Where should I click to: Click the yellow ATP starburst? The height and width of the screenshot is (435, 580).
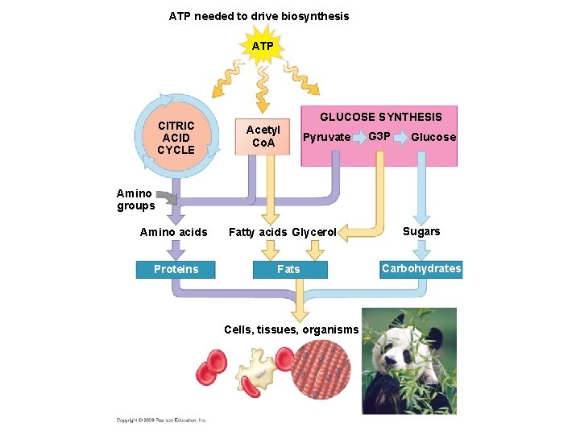263,47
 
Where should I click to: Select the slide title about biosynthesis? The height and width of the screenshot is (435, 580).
259,16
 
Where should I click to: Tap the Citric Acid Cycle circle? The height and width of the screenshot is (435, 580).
176,138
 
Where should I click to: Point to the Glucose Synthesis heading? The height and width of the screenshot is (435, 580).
381,117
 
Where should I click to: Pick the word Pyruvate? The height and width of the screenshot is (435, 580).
326,137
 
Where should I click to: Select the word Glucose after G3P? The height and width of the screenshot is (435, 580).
433,137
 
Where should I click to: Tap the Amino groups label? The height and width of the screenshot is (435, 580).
135,199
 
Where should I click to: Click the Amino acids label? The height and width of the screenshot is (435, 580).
173,233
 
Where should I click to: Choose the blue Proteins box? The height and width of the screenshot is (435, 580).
176,269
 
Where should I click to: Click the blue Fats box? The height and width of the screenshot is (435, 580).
288,269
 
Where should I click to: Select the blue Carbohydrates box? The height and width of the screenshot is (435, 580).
421,268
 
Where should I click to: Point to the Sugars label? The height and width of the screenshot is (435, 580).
421,231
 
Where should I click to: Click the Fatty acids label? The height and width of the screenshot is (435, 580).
258,233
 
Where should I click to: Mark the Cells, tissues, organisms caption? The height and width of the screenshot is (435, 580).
291,329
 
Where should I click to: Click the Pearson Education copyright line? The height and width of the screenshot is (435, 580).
162,420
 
